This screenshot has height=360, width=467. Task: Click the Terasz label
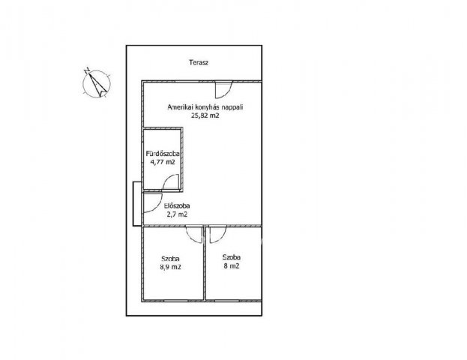pos(199,62)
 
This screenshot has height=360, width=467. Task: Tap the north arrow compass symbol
pos(97,82)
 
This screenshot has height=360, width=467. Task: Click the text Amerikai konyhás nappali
pos(205,107)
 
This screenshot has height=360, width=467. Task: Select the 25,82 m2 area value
pos(205,115)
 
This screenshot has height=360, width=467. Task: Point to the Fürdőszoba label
pos(163,154)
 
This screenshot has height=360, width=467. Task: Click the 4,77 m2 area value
pos(163,163)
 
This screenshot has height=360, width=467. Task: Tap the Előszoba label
pos(177,205)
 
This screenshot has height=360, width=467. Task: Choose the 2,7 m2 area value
pos(177,214)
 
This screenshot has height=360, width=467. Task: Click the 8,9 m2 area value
pos(170,267)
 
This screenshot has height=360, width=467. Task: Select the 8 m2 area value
pos(232,266)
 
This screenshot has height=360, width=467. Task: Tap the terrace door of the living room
pos(223,89)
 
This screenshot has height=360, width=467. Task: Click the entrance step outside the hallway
pos(137,204)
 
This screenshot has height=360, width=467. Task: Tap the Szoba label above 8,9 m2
pos(170,259)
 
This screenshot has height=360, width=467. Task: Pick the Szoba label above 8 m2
pos(232,257)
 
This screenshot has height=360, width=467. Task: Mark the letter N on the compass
pos(87,70)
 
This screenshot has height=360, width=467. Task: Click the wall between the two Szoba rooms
pos(205,263)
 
